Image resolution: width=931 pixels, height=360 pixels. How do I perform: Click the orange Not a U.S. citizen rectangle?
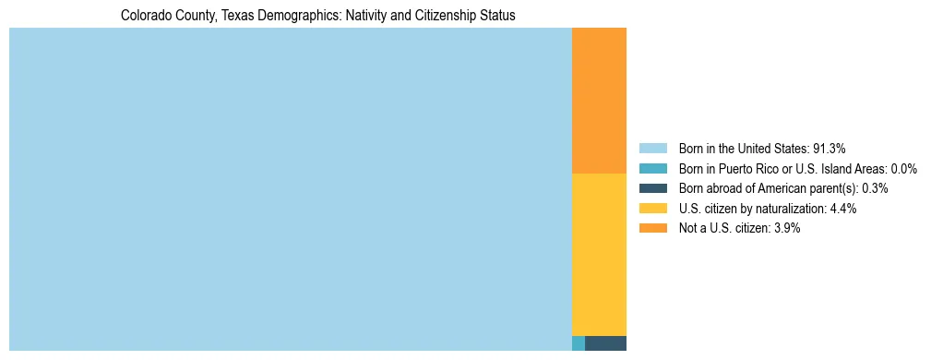599,101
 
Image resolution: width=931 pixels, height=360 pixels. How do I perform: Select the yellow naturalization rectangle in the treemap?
599,254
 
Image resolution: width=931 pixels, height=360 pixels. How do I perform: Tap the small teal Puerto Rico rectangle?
579,343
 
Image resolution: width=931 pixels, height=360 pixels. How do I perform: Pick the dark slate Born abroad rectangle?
605,343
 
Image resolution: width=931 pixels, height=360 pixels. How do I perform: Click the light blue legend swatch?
652,149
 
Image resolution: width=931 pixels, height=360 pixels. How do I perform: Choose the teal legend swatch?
652,169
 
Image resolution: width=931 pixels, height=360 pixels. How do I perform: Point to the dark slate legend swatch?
652,188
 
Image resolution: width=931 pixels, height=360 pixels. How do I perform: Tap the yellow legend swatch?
652,209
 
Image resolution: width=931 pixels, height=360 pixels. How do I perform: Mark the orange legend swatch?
652,228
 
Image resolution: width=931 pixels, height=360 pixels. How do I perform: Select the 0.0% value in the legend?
903,169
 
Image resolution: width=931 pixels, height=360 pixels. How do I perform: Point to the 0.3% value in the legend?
875,188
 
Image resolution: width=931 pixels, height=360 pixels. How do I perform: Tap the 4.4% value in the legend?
843,209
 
